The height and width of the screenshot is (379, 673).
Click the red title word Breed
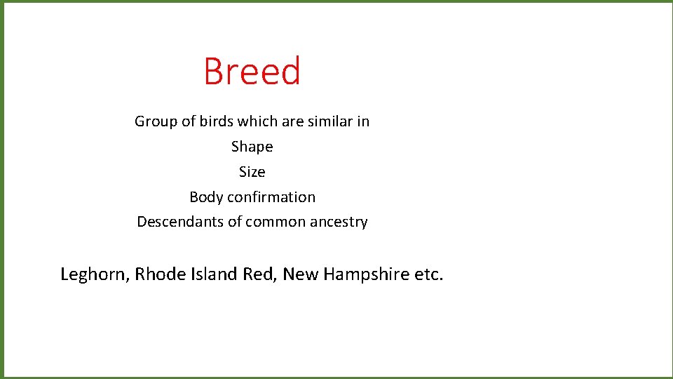point(252,72)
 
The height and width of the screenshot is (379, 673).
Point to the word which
point(257,121)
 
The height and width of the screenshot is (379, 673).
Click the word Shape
point(252,147)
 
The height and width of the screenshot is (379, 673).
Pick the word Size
point(252,172)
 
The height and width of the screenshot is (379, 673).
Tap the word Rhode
point(160,274)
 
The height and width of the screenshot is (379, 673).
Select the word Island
point(214,274)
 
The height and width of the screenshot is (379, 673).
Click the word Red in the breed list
point(260,274)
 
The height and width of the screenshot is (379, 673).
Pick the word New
point(300,274)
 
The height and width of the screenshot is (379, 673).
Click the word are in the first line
point(292,121)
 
